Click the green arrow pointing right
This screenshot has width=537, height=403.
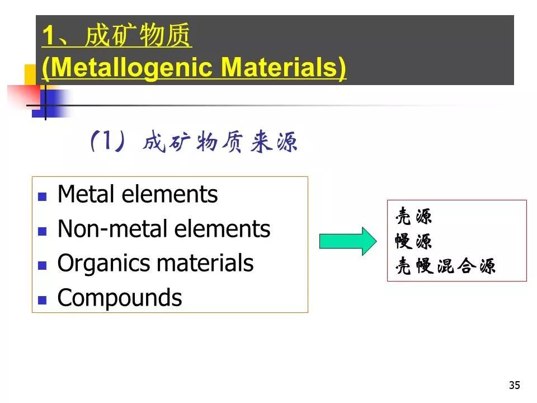tap(348, 241)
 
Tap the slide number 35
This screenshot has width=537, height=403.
tap(515, 385)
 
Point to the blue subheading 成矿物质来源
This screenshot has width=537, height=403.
tap(220, 142)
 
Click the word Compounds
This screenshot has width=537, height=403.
tap(120, 297)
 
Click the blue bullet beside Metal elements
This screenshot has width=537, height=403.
tap(42, 196)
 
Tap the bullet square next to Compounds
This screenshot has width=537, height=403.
tap(42, 300)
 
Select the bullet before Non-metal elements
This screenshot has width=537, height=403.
tap(42, 231)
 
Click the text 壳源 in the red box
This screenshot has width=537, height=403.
tap(413, 216)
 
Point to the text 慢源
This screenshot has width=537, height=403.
tap(413, 241)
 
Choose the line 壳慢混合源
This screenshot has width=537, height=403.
tap(445, 265)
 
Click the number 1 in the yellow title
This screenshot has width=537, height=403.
tap(48, 36)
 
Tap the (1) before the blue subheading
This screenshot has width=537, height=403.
tap(107, 141)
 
